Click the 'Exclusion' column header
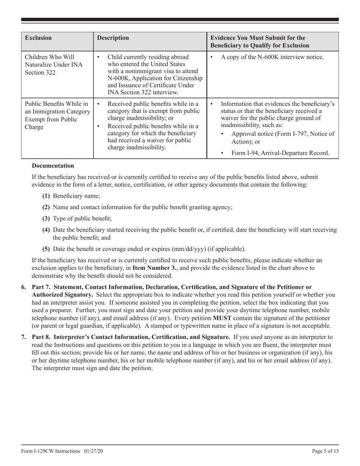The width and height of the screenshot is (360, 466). pyautogui.click(x=38, y=38)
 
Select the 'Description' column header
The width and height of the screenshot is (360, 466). pyautogui.click(x=113, y=38)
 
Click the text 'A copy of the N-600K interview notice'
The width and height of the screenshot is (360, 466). pyautogui.click(x=272, y=57)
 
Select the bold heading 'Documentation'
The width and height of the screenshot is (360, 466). pyautogui.click(x=53, y=166)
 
